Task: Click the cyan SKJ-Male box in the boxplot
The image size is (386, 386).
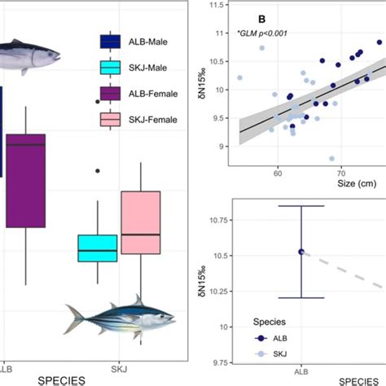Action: click(98, 248)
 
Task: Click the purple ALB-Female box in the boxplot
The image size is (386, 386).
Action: click(25, 181)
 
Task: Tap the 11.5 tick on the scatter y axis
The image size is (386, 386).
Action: click(217, 5)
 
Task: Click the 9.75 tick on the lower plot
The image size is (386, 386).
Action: click(216, 362)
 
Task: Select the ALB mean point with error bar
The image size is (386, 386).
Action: click(301, 252)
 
